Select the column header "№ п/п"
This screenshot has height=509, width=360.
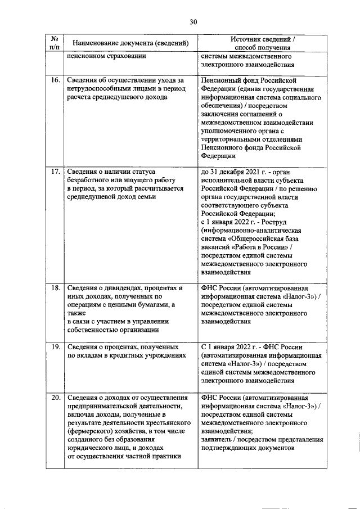pos(55,43)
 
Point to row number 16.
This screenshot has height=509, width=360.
pos(55,80)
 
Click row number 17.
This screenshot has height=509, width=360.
pos(55,171)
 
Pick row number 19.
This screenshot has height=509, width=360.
pos(55,347)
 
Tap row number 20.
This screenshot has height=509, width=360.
pos(55,398)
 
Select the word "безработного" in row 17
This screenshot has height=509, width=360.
pos(90,179)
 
